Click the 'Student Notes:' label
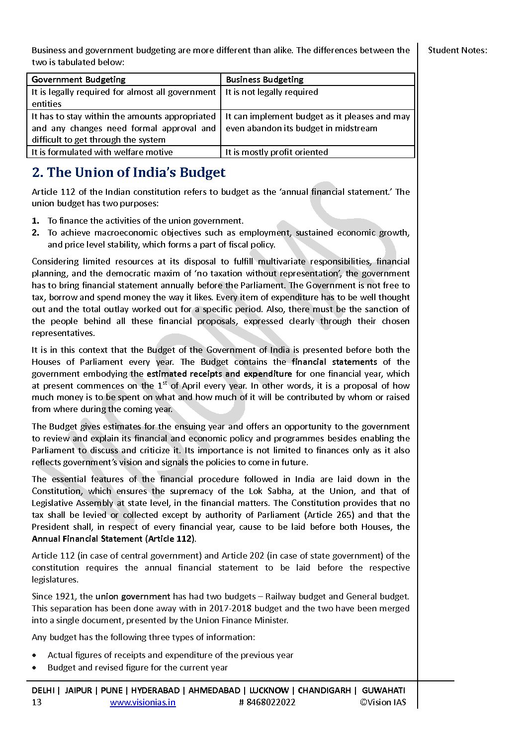[x=457, y=50]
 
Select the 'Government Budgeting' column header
[x=79, y=80]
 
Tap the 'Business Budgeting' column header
[x=264, y=80]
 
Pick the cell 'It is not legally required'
[x=271, y=92]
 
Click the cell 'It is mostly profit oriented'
[x=276, y=152]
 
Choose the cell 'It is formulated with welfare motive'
[x=102, y=152]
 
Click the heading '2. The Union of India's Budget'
[x=129, y=172]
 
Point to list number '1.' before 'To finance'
[x=36, y=221]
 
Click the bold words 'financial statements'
[x=334, y=362]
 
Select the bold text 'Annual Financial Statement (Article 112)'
[x=114, y=539]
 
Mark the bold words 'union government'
[x=133, y=596]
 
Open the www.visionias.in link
[x=143, y=702]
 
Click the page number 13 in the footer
[x=37, y=702]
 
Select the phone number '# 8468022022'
[x=267, y=702]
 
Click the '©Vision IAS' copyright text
[x=383, y=702]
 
